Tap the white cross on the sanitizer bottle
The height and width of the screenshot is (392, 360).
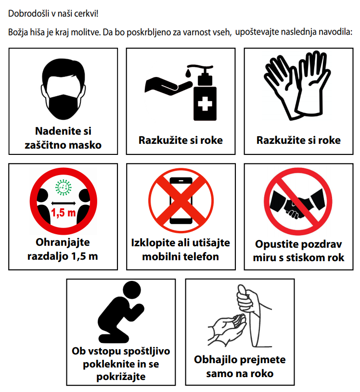click(205, 103)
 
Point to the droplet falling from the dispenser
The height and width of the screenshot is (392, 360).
click(188, 73)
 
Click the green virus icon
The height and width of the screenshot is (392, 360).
click(64, 187)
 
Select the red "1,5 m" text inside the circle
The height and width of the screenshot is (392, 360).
click(64, 213)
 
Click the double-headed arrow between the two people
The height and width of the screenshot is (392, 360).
click(64, 203)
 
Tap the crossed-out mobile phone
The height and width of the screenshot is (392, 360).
click(181, 201)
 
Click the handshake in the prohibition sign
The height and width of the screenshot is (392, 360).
click(298, 203)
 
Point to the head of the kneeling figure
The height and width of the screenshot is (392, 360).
click(131, 290)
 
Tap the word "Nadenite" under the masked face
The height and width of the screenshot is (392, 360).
click(64, 131)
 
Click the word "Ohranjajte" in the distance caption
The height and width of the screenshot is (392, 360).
click(63, 242)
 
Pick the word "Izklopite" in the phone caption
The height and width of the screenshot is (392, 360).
click(153, 243)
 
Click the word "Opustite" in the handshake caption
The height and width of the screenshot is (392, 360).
click(275, 244)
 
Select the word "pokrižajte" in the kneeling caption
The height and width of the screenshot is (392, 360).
click(121, 377)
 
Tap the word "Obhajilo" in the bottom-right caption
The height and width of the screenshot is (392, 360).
click(216, 360)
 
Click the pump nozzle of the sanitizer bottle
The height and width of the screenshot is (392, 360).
click(200, 67)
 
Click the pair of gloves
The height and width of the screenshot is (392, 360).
click(298, 85)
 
